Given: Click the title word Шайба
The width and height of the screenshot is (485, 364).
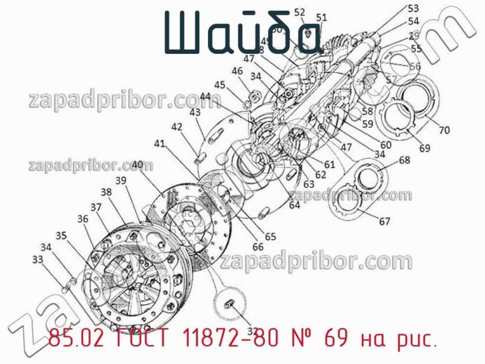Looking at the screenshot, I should point(241,33).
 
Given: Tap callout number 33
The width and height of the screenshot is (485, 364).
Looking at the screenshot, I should point(38,259).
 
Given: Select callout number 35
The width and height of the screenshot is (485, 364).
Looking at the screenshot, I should point(61,235).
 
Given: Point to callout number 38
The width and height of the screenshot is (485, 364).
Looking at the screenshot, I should point(106,192).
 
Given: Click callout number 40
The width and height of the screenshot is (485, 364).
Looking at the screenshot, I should point(137,164).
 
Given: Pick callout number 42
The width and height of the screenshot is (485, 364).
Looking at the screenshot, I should point(176,127).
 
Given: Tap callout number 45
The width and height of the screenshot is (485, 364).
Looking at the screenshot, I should point(219,85).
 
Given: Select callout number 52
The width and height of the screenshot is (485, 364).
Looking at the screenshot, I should point(299,12).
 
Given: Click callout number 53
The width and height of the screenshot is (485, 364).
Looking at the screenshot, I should point(413,8).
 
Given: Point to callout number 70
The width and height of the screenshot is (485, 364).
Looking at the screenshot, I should point(444,129).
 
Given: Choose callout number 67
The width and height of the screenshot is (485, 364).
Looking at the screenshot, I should point(385,221).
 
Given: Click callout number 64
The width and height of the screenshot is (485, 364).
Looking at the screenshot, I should point(294,205).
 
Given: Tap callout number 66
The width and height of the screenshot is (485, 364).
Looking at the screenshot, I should point(258,246).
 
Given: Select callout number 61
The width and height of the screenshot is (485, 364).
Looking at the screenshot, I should point(329,164).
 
